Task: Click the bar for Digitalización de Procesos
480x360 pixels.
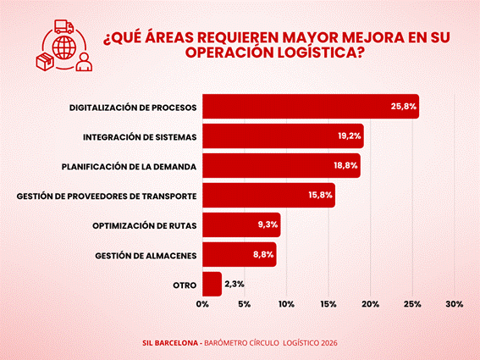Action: tap(311, 107)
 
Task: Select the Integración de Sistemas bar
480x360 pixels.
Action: tap(283, 136)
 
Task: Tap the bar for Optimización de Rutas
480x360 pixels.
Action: tap(241, 224)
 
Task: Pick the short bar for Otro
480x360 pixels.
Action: tap(212, 284)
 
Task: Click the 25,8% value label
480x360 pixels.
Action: tap(404, 107)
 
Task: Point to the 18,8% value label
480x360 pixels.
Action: tap(345, 165)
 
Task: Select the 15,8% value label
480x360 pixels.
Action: tap(320, 195)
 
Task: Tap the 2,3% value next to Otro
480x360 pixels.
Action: tap(234, 284)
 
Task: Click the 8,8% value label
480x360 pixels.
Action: tap(263, 254)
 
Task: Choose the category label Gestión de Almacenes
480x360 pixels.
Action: tap(146, 256)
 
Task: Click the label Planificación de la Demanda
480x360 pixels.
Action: tap(129, 167)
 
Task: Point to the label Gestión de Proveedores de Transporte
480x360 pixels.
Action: tap(107, 196)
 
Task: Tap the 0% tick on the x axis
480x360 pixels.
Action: tap(202, 304)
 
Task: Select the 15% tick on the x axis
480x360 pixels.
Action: tap(328, 304)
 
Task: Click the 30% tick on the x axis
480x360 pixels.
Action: tap(455, 304)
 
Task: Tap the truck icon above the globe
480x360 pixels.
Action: tap(64, 27)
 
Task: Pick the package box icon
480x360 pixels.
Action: tap(45, 61)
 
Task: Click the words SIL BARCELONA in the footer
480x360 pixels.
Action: tap(170, 343)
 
